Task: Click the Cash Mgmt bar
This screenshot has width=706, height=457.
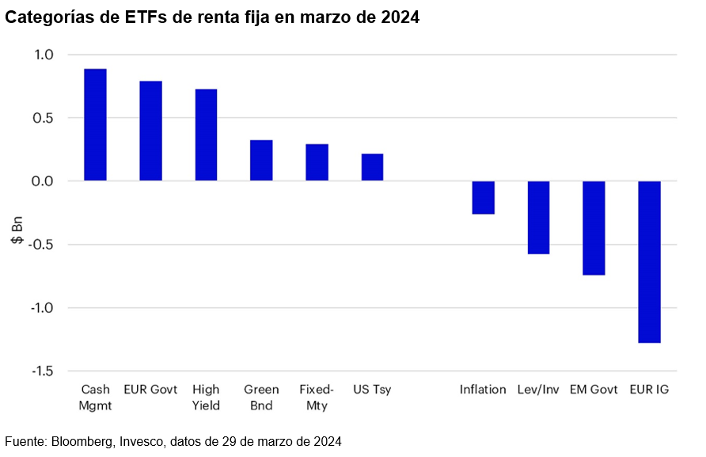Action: point(95,125)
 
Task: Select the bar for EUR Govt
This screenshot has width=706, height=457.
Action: point(150,131)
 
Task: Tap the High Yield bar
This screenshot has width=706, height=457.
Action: point(206,135)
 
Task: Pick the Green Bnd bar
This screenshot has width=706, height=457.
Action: point(261,161)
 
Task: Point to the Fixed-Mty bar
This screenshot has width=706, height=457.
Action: point(317,162)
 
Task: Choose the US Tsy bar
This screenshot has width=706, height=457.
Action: point(372,167)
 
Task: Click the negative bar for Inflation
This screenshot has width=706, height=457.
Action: point(483,197)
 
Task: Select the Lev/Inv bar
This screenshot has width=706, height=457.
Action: point(538,218)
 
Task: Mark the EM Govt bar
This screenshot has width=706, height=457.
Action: point(594,228)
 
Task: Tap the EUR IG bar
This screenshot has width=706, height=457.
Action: point(649,262)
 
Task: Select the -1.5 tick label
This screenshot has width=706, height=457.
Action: point(40,371)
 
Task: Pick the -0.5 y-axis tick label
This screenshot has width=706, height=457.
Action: point(40,245)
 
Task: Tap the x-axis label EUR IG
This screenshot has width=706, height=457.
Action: point(649,390)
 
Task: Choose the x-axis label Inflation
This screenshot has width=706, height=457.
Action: point(483,390)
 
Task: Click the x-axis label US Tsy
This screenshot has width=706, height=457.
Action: point(372,390)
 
